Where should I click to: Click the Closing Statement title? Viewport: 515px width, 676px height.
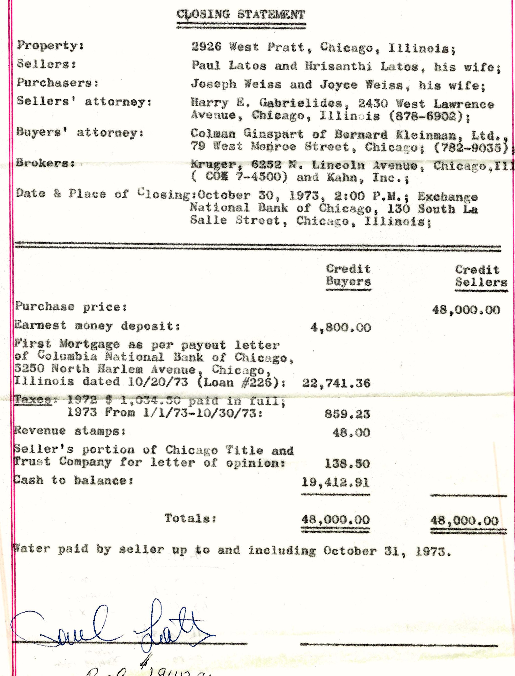tap(241, 15)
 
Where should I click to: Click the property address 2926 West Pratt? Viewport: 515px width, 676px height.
tap(248, 47)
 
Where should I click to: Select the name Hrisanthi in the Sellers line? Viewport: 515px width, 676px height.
tap(338, 66)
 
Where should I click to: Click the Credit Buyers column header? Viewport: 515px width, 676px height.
tap(348, 275)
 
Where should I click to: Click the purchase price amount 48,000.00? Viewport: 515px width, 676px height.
tap(466, 310)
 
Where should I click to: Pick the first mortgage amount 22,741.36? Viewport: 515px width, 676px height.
tap(336, 383)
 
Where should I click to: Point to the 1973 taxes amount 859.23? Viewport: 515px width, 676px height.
tap(347, 414)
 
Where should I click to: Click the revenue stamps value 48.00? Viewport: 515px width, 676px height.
tap(351, 433)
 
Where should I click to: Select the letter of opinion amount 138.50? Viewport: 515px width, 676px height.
tap(347, 463)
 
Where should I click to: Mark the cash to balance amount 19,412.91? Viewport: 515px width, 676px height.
tap(336, 483)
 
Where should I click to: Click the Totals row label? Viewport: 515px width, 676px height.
tap(191, 518)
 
